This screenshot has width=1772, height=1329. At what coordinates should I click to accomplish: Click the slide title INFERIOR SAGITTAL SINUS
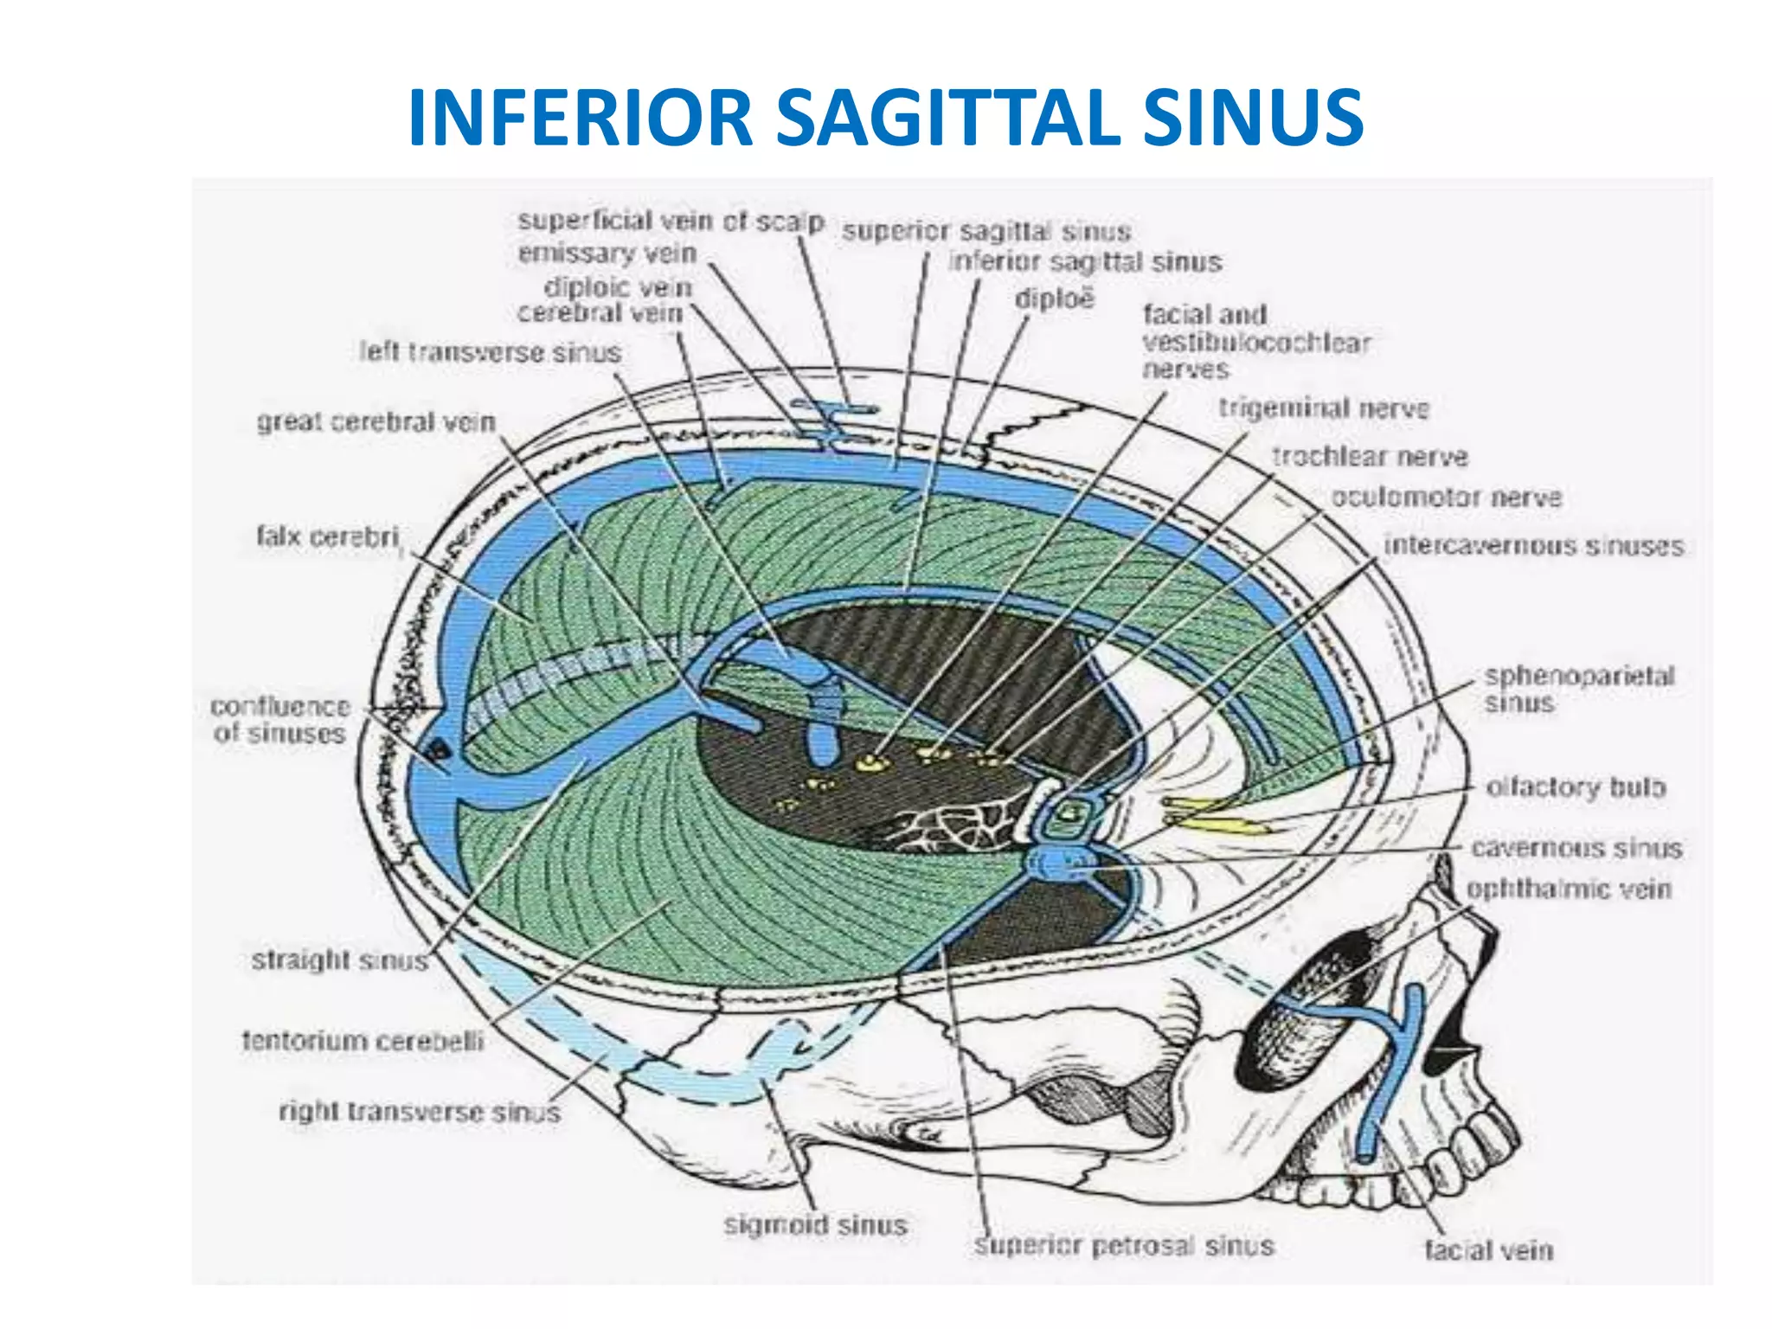(x=885, y=119)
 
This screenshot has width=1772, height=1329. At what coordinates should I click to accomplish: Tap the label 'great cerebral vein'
(x=376, y=422)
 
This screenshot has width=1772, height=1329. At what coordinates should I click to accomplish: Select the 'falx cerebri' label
(x=328, y=537)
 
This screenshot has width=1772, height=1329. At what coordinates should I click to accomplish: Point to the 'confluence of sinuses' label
(x=279, y=720)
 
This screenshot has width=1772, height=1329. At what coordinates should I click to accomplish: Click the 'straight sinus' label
(x=339, y=960)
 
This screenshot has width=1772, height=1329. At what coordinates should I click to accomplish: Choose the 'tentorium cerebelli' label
(x=363, y=1040)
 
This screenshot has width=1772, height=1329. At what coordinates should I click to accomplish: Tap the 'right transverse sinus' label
(x=420, y=1112)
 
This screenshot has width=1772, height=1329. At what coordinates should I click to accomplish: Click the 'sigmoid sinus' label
(x=815, y=1225)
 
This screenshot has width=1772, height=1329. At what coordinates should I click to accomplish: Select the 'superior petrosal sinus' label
(x=1124, y=1246)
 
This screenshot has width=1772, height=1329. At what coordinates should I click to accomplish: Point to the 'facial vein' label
(x=1488, y=1249)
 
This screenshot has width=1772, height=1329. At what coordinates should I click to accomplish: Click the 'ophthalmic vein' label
(x=1568, y=889)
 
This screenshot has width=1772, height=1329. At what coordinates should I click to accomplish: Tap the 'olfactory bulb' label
(x=1575, y=787)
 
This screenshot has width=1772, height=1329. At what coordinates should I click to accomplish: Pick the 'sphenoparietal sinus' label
(x=1579, y=689)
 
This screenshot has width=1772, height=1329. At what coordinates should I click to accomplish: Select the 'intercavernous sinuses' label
(x=1533, y=546)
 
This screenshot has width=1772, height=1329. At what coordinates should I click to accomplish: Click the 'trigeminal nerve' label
(x=1323, y=408)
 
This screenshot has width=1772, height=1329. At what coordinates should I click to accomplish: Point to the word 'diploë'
(x=1054, y=299)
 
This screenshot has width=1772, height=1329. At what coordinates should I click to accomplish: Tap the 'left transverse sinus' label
(x=490, y=353)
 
